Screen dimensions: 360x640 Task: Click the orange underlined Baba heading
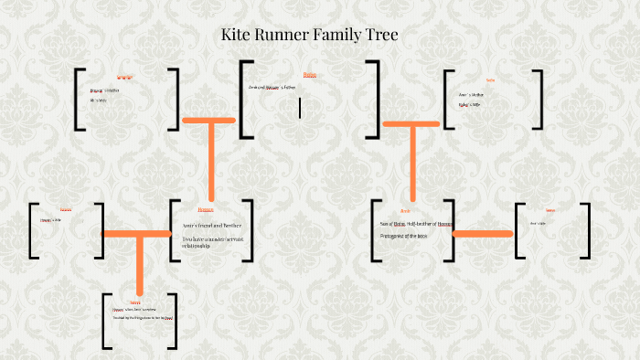click(310, 75)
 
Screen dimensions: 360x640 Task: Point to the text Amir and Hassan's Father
click(272, 87)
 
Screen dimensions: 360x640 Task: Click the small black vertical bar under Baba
click(300, 108)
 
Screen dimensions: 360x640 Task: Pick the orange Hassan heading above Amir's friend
click(206, 210)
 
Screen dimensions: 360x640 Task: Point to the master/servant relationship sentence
click(209, 242)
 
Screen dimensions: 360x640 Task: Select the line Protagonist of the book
click(403, 237)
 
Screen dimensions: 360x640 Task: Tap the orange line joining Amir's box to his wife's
click(482, 234)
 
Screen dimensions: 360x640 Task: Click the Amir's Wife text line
click(538, 223)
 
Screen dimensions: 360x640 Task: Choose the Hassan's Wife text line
click(50, 220)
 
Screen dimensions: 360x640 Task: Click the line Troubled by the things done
click(143, 318)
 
